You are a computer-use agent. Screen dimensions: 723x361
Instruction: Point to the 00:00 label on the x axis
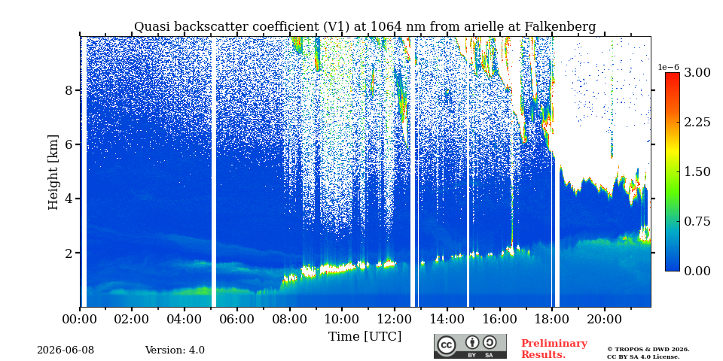tap(80, 318)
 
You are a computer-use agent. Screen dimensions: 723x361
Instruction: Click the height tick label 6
tap(69, 144)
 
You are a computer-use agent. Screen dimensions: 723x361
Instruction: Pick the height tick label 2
tap(69, 253)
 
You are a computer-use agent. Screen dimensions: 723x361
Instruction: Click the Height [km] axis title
tap(53, 172)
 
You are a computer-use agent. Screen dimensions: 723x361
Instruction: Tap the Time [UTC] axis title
tap(365, 337)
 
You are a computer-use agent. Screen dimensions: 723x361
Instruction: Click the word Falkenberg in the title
tap(560, 27)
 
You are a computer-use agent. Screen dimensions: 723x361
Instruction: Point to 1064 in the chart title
tap(385, 27)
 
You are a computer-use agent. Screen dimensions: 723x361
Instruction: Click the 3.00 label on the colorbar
tap(697, 72)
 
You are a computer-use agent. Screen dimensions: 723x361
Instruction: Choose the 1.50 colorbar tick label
tap(697, 171)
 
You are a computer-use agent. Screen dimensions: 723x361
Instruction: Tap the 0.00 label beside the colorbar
tap(697, 272)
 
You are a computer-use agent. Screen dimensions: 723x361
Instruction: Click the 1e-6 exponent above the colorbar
tap(669, 67)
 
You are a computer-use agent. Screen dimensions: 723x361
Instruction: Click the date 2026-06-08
tap(66, 350)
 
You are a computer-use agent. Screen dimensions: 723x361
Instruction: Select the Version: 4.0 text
tap(175, 350)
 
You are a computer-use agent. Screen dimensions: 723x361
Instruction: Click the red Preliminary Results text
tap(554, 349)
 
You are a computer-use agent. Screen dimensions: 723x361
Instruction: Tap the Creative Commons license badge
tap(470, 346)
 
